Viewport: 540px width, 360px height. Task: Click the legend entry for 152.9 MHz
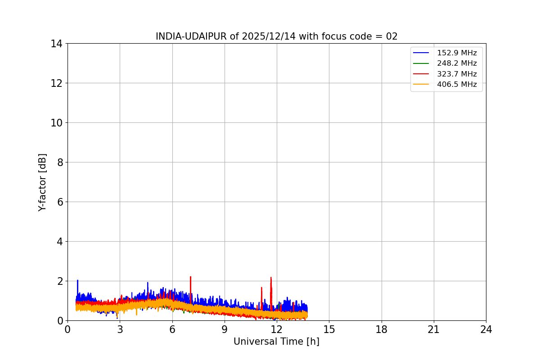pyautogui.click(x=456, y=53)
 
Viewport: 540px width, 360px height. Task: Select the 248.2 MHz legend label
pyautogui.click(x=456, y=63)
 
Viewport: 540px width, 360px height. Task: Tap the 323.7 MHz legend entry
pyautogui.click(x=456, y=74)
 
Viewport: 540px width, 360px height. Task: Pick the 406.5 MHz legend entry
pyautogui.click(x=456, y=84)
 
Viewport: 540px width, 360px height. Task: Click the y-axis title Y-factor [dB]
pyautogui.click(x=42, y=182)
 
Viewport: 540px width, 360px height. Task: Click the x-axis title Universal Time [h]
pyautogui.click(x=276, y=342)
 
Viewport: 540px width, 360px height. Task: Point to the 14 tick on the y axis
pyautogui.click(x=56, y=44)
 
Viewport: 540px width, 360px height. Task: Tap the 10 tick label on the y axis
pyautogui.click(x=56, y=123)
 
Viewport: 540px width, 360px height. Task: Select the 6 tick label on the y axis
pyautogui.click(x=59, y=202)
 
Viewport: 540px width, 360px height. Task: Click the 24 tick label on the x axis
pyautogui.click(x=486, y=329)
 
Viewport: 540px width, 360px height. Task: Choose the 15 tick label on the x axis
pyautogui.click(x=329, y=329)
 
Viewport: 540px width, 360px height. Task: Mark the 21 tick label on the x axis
pyautogui.click(x=434, y=329)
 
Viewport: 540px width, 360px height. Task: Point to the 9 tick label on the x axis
pyautogui.click(x=225, y=329)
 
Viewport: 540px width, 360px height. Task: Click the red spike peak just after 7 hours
pyautogui.click(x=190, y=277)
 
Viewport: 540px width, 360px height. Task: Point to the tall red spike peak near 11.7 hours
pyautogui.click(x=271, y=278)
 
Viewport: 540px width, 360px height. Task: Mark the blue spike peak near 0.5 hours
pyautogui.click(x=77, y=280)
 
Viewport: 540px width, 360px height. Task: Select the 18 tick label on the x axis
pyautogui.click(x=382, y=329)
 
